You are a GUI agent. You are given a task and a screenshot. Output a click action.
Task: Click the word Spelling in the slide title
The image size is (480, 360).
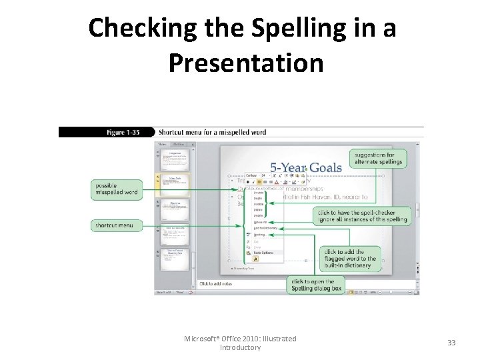tap(269, 29)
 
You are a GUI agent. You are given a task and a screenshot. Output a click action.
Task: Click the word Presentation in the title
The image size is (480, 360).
tap(246, 63)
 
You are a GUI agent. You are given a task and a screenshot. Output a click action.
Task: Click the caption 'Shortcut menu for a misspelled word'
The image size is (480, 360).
tap(212, 132)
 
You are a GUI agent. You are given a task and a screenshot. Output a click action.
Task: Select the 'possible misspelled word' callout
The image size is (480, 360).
tap(117, 189)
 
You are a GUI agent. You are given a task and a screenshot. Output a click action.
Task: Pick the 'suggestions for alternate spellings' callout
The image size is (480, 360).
tap(379, 158)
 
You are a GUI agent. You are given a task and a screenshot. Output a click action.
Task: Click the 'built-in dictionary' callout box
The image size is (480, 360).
tap(350, 259)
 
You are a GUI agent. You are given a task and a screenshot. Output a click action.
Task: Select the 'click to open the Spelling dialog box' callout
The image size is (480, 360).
tap(317, 285)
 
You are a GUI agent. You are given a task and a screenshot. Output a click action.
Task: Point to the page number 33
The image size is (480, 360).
tap(451, 343)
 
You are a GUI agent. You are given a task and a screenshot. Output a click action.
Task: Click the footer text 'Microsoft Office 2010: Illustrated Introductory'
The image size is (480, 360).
tap(240, 343)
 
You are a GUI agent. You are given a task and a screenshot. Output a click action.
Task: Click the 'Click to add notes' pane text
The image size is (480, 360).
tap(217, 284)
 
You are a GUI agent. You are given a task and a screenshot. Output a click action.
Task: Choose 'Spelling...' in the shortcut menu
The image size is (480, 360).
tap(259, 235)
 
